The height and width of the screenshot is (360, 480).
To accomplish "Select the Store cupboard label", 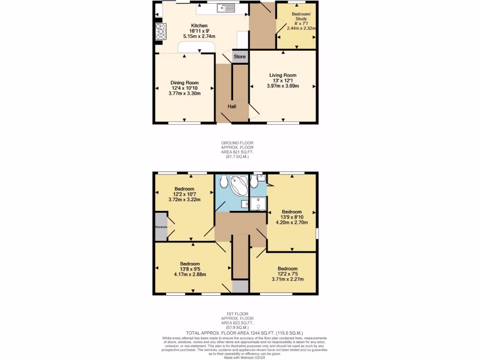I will pos(240,57).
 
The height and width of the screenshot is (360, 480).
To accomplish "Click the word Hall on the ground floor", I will pos(232,107).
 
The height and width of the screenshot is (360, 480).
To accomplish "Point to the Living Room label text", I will pos(283,75).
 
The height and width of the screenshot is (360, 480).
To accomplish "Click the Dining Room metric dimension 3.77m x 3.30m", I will pos(184,93).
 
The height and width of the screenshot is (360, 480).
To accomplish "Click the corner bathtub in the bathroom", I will pos(240,185).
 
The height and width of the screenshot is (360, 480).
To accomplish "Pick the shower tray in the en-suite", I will pos(258,204).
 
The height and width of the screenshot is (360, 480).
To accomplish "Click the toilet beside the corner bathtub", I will pos(223,180).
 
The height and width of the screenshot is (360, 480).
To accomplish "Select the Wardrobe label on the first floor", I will pos(161,227).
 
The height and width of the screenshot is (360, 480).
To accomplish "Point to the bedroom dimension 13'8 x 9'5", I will pos(190,269).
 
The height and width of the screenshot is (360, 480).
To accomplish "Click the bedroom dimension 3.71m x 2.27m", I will pos(287,279).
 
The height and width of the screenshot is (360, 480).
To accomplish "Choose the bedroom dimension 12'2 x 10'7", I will pos(184,194).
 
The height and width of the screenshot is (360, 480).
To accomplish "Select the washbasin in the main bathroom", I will pos(246,204).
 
